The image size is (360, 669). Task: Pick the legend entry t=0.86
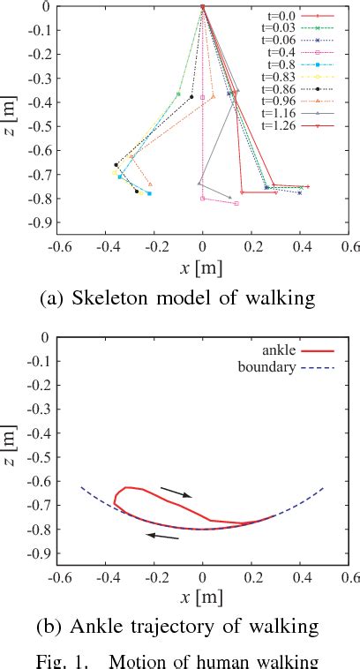click(283, 92)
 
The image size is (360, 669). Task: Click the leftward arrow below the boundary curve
click(164, 535)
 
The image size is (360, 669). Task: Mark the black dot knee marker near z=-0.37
click(191, 97)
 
